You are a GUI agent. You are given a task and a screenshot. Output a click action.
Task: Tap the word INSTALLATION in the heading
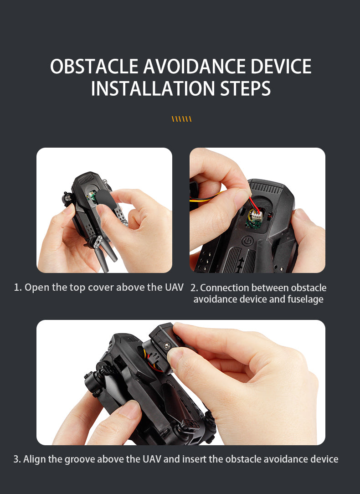click(x=153, y=88)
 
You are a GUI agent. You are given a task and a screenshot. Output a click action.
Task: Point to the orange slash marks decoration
click(x=181, y=119)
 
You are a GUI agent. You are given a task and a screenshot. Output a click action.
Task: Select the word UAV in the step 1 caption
click(x=174, y=287)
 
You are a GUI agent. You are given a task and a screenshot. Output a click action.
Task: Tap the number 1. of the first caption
click(x=18, y=287)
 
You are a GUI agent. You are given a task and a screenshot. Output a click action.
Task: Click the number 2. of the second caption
click(x=194, y=288)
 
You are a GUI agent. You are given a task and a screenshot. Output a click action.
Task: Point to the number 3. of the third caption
click(x=17, y=459)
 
